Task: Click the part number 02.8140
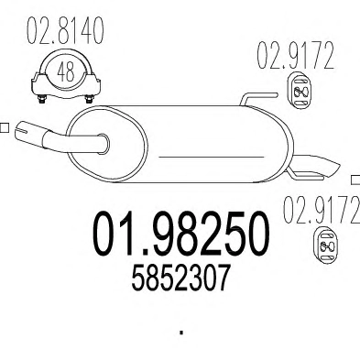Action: coord(65,30)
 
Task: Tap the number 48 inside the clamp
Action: coord(66,72)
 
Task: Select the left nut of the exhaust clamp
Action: coord(42,99)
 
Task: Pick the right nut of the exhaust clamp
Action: coord(89,99)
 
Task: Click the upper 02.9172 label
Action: coord(295,56)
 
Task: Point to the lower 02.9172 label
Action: coord(321,210)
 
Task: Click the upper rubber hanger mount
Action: coord(300,90)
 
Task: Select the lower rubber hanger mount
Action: coord(326,245)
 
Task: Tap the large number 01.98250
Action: coord(181,234)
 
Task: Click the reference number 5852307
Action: coord(180,278)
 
